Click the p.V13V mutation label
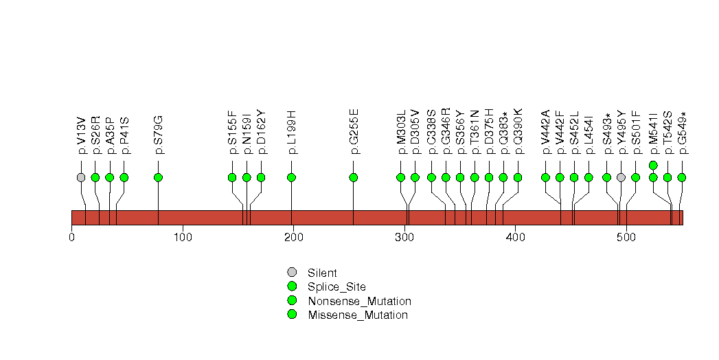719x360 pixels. coord(81,135)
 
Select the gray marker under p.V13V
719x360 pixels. coord(81,177)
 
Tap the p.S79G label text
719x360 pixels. coord(158,135)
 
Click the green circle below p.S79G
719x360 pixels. coord(158,177)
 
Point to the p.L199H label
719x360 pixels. coord(291,132)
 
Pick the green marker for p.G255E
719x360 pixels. coord(353,177)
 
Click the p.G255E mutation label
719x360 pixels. coord(353,131)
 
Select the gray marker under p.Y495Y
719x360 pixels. coord(621,177)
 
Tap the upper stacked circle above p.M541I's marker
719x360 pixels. coord(654,165)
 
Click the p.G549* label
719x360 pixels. coord(682,133)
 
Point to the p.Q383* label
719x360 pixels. coord(503,133)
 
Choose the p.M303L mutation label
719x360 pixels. coord(401,132)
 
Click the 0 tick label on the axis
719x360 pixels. coord(71,237)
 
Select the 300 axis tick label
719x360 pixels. coord(404,237)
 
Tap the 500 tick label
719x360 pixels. coord(626,237)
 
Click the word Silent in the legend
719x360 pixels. coord(322,273)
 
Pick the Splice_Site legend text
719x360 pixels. coord(336,287)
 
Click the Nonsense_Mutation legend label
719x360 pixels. coord(360,301)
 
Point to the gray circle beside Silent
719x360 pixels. coord(292,273)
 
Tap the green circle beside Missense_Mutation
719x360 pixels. coord(292,314)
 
